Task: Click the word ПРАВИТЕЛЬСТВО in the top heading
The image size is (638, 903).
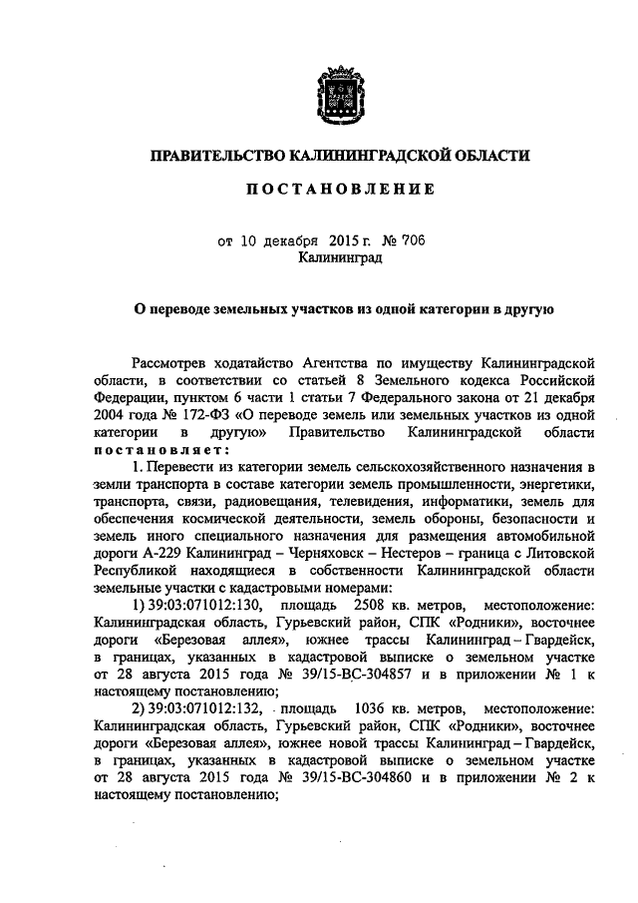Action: (214, 156)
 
